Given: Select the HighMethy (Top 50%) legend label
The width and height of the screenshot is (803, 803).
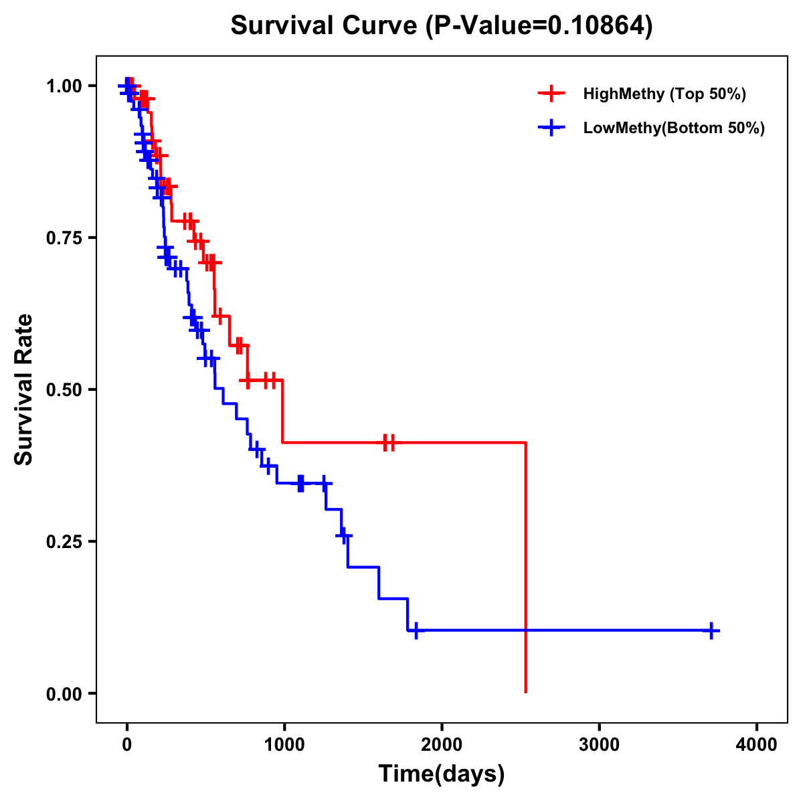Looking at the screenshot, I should (664, 94).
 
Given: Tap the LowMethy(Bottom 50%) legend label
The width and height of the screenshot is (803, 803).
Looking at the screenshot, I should (674, 128).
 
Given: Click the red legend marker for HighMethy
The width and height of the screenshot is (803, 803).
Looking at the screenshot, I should (551, 94).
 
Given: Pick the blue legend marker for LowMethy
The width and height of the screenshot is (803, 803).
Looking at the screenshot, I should (551, 128).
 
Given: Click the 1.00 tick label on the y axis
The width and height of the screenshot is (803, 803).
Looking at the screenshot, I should (64, 86).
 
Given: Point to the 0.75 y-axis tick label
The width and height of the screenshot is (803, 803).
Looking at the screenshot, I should (64, 238).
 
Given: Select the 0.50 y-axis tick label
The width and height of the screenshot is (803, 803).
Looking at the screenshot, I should (64, 389).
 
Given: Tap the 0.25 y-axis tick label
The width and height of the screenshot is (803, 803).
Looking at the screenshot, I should (64, 541).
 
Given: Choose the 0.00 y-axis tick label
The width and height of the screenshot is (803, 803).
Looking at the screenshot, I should (64, 693).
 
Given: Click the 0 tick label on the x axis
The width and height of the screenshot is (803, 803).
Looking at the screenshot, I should (126, 745).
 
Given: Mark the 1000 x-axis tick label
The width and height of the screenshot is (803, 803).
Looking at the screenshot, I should (284, 745).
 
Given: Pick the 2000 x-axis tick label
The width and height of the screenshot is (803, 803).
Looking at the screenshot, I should (442, 745).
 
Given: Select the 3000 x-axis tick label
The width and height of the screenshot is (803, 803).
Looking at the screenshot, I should (599, 745).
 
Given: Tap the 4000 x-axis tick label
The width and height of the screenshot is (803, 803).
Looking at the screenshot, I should (756, 745).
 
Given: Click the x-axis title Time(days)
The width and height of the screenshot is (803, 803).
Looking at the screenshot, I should (442, 774).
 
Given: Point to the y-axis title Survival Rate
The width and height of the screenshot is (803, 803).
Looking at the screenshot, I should (24, 389).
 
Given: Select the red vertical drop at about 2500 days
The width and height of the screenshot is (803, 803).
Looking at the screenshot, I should (526, 569).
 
